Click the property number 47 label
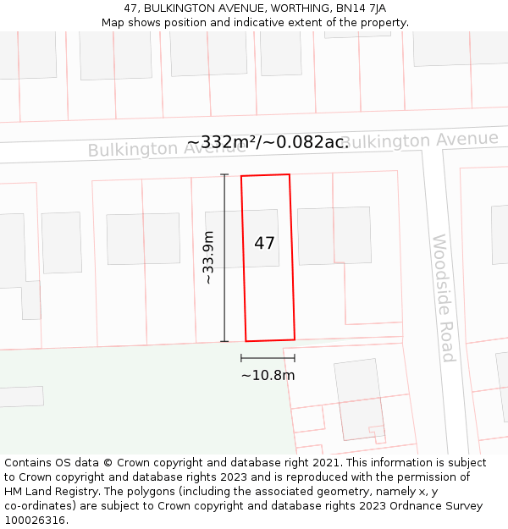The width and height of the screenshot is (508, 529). tap(264, 243)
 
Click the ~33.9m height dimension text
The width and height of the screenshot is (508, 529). tap(208, 257)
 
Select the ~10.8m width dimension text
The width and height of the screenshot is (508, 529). tap(268, 375)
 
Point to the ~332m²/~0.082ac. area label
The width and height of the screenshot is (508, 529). tap(268, 142)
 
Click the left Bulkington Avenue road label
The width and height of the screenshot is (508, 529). tap(167, 149)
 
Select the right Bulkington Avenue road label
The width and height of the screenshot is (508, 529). tap(420, 140)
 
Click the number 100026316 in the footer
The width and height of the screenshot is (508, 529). tap(36, 521)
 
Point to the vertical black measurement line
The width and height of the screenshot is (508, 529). tap(224, 257)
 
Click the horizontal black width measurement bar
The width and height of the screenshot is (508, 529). tap(268, 358)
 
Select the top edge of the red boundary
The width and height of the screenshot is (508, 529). tap(265, 176)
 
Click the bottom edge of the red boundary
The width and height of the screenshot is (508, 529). tap(270, 340)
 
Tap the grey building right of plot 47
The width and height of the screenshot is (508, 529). tap(334, 235)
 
